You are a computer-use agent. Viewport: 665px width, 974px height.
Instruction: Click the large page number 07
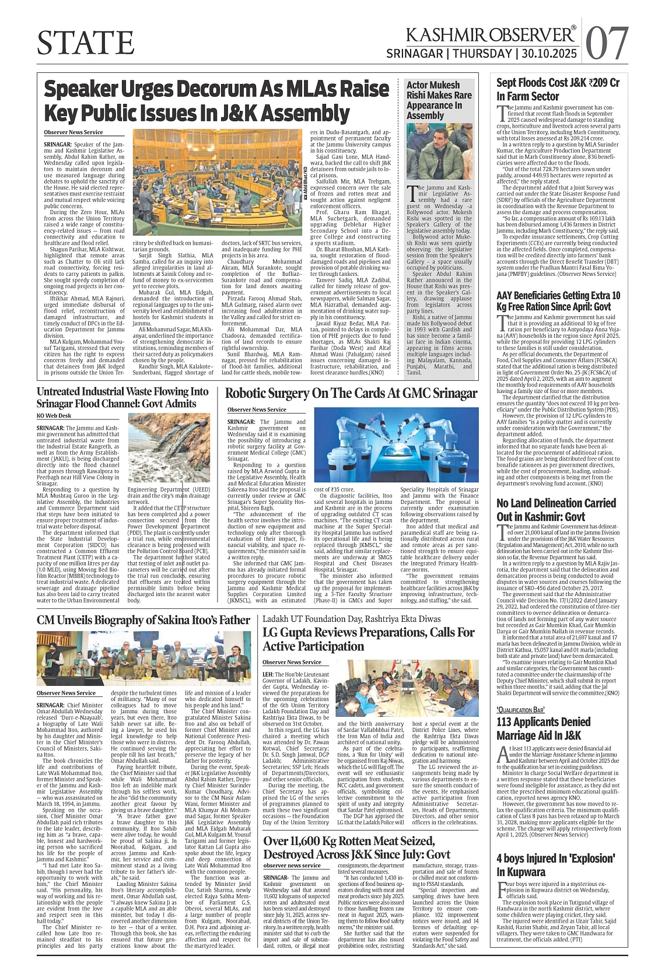pyautogui.click(x=607, y=43)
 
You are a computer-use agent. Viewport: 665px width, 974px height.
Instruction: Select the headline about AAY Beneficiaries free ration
pyautogui.click(x=558, y=301)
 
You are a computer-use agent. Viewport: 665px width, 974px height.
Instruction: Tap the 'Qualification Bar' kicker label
pyautogui.click(x=520, y=709)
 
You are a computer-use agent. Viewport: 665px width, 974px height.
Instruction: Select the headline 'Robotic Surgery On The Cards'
pyautogui.click(x=351, y=394)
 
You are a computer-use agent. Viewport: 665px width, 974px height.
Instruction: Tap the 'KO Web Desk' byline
pyautogui.click(x=54, y=416)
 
